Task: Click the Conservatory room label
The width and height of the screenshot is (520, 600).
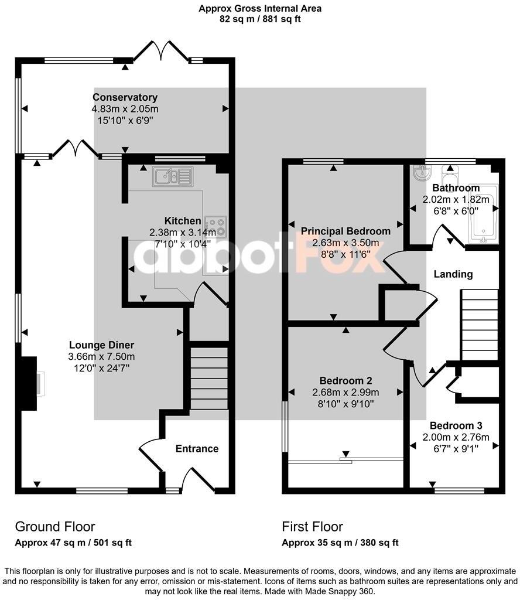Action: point(125,97)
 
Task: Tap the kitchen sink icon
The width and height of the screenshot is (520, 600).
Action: point(172,175)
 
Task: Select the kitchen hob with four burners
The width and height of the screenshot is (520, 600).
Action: point(216,226)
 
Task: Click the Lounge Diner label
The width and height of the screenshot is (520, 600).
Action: point(101,345)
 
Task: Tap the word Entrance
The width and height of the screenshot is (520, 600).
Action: point(197,449)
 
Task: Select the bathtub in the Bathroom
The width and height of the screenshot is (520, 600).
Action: point(483,212)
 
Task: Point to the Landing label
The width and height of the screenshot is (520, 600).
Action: point(453,274)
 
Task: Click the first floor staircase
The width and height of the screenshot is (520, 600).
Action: point(479,325)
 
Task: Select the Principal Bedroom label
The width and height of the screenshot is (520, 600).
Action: point(345,231)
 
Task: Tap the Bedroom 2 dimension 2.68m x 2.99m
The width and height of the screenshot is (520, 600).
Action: point(345,392)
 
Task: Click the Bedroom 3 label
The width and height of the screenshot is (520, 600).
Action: point(456,425)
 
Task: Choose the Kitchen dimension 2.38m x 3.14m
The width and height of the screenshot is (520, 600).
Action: point(183,231)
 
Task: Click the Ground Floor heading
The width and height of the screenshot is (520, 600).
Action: point(54,526)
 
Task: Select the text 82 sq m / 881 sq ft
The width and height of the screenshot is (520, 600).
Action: point(260,19)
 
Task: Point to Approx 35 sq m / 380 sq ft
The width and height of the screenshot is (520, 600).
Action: point(340,543)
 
